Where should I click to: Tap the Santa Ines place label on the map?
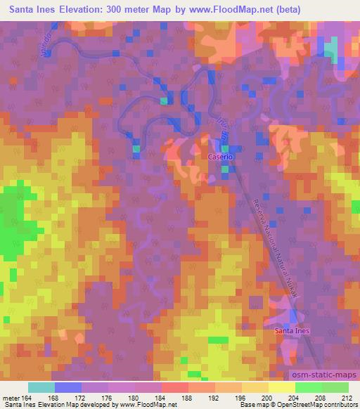(292, 330)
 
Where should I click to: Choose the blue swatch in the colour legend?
(68, 387)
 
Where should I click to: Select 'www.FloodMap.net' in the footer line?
(137, 405)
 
